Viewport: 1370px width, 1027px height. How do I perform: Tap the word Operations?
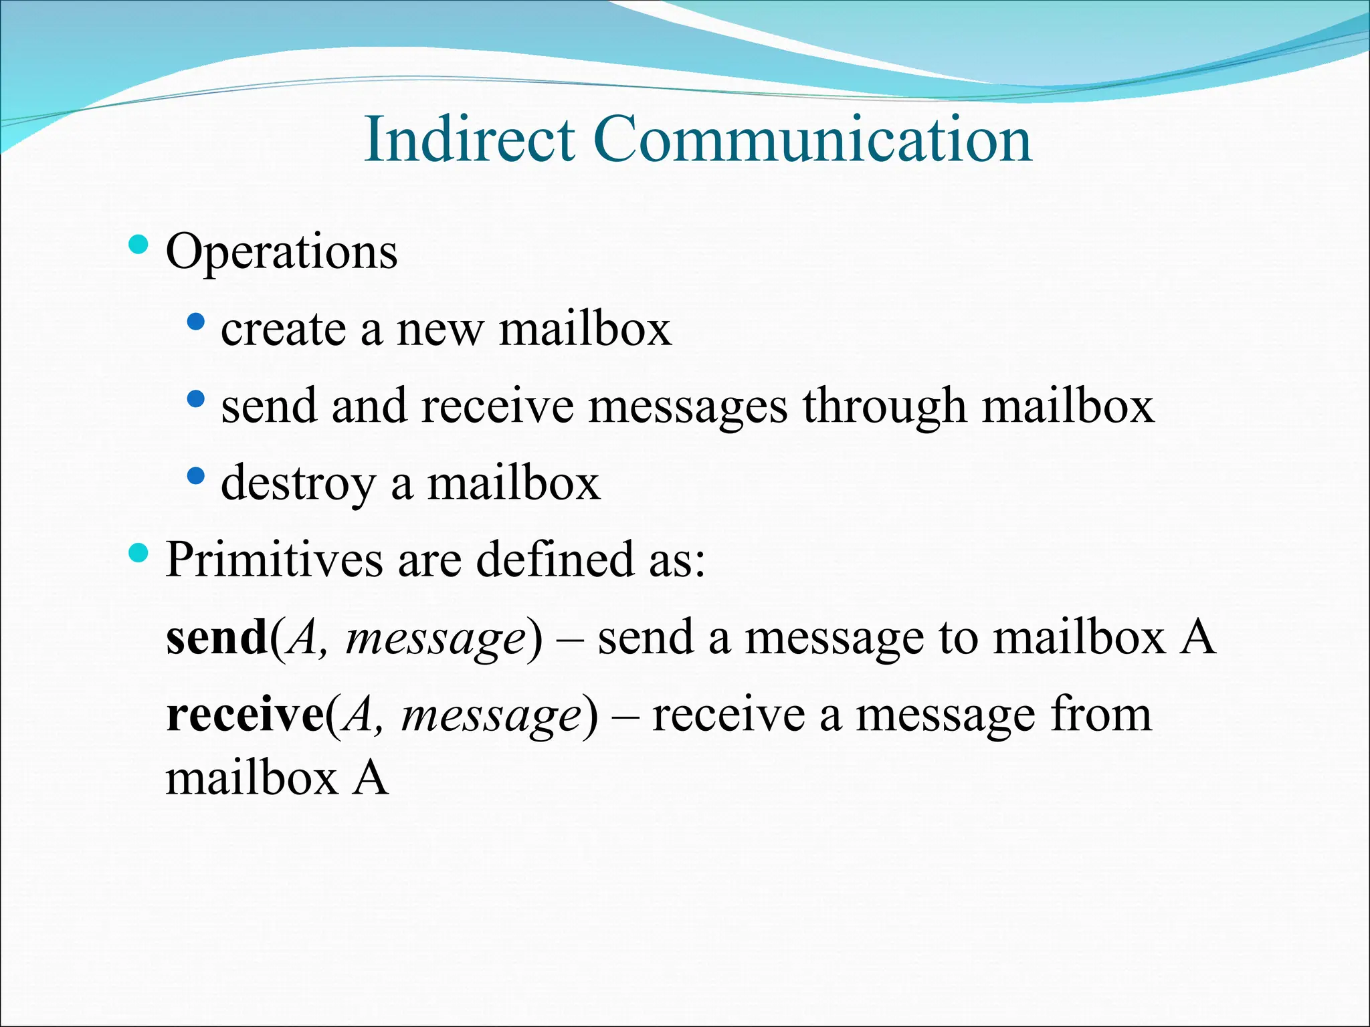tap(282, 252)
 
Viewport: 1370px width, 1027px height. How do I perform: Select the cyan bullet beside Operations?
tap(138, 245)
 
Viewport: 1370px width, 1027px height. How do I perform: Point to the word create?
tap(283, 330)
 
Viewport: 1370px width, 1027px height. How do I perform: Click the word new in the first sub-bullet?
tap(440, 330)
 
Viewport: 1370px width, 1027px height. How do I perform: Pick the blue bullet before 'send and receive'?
tap(196, 400)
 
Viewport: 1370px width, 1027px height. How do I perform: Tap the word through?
tap(884, 407)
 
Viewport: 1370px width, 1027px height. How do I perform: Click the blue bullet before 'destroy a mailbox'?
tap(196, 477)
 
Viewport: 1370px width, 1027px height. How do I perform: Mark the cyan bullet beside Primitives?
tap(138, 553)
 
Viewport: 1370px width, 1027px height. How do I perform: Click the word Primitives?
tap(274, 560)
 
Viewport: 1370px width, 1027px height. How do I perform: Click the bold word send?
tap(217, 637)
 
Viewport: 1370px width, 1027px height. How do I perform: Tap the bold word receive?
tap(245, 714)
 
